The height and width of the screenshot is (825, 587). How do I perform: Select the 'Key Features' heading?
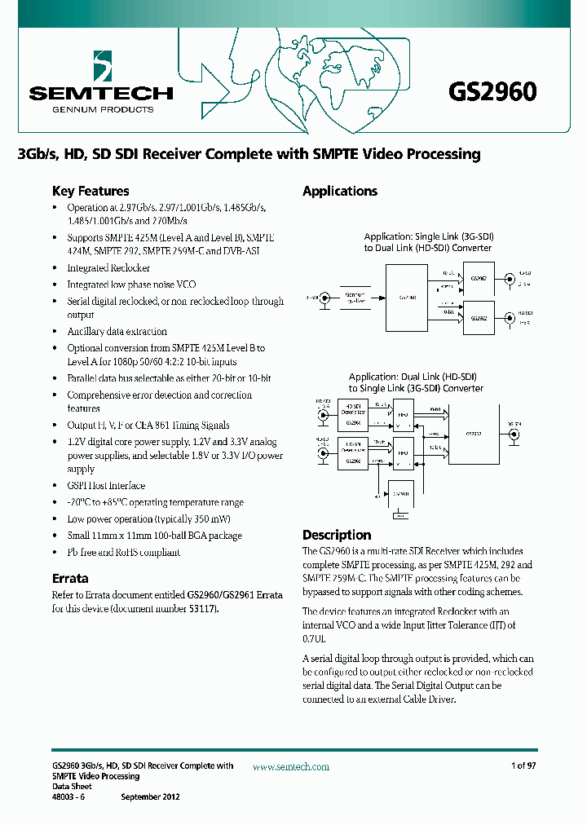(90, 192)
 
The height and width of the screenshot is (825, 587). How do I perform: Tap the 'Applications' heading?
(340, 192)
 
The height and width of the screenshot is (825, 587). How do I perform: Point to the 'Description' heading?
(337, 536)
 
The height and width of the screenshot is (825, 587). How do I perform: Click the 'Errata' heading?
(70, 579)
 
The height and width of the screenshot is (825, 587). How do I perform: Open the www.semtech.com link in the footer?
(291, 767)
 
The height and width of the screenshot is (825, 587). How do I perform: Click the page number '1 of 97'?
(523, 766)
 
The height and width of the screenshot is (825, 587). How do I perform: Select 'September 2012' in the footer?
(150, 797)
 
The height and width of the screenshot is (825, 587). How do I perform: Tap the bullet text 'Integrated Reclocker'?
(108, 268)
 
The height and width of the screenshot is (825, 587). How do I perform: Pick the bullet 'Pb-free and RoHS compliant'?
(124, 553)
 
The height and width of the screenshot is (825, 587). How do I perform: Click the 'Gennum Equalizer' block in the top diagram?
(355, 298)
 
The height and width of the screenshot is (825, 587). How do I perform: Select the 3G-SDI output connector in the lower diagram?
(514, 435)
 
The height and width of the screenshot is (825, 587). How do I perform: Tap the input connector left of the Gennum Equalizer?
(324, 298)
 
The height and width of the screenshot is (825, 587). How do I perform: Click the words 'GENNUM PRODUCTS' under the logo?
(91, 109)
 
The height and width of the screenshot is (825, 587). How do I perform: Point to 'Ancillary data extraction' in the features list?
(117, 332)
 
